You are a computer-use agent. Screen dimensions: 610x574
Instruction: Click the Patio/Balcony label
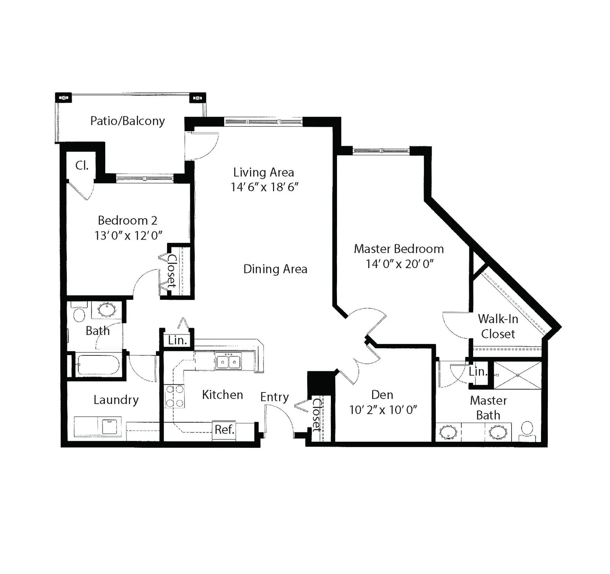pyautogui.click(x=127, y=121)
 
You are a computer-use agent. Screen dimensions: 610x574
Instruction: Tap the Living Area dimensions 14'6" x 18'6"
pyautogui.click(x=264, y=187)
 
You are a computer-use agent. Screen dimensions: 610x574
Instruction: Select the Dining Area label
pyautogui.click(x=275, y=269)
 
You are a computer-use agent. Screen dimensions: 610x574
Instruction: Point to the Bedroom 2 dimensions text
pyautogui.click(x=128, y=235)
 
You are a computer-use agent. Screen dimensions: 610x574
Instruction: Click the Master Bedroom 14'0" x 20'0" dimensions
pyautogui.click(x=400, y=264)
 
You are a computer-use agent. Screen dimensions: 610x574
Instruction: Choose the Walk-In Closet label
pyautogui.click(x=498, y=326)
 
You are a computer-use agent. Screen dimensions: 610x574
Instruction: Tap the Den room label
pyautogui.click(x=382, y=395)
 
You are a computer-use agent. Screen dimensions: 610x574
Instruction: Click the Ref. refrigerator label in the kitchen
pyautogui.click(x=224, y=430)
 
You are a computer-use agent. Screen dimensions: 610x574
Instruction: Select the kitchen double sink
pyautogui.click(x=229, y=361)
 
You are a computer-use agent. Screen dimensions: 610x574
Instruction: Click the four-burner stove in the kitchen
pyautogui.click(x=175, y=396)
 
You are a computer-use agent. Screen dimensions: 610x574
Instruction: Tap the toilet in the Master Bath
pyautogui.click(x=527, y=430)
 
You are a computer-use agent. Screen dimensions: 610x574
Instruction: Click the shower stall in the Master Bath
pyautogui.click(x=518, y=375)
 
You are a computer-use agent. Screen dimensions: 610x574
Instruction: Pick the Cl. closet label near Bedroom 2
pyautogui.click(x=82, y=166)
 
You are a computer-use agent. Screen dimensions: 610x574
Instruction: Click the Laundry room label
pyautogui.click(x=116, y=400)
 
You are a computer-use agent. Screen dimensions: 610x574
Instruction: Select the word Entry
pyautogui.click(x=274, y=397)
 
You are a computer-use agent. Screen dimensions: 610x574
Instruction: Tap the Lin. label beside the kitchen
pyautogui.click(x=177, y=340)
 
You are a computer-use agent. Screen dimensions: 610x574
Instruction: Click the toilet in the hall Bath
pyautogui.click(x=79, y=312)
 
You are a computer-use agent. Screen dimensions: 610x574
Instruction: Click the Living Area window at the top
pyautogui.click(x=263, y=122)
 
